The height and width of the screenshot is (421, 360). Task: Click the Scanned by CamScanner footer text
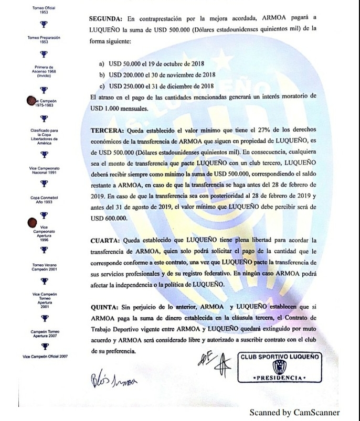[x=294, y=413]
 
